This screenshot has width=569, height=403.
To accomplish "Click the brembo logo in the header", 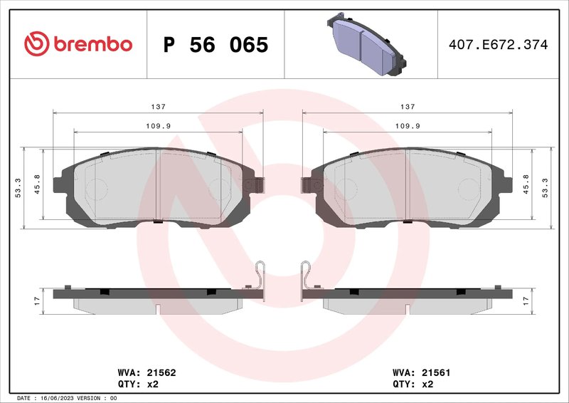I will pos(78,44).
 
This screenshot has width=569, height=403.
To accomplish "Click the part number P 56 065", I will pos(216,45).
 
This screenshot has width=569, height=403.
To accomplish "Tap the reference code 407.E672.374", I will pos(498,45).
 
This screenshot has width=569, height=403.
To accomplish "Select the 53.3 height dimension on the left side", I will pos(18,188).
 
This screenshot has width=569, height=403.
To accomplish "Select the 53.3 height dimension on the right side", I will pos(546,188).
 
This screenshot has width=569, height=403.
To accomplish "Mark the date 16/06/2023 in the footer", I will pos(56,398).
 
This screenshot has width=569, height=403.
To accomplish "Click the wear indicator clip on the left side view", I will pos(260,278).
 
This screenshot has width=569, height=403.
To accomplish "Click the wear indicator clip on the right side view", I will pos(306,278).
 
